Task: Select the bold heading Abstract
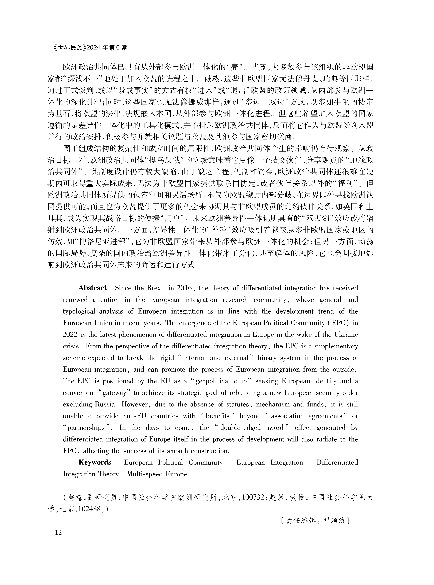tap(92, 288)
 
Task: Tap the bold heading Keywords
tap(95, 462)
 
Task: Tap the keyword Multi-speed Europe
tap(157, 474)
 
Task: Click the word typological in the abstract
tap(79, 311)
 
